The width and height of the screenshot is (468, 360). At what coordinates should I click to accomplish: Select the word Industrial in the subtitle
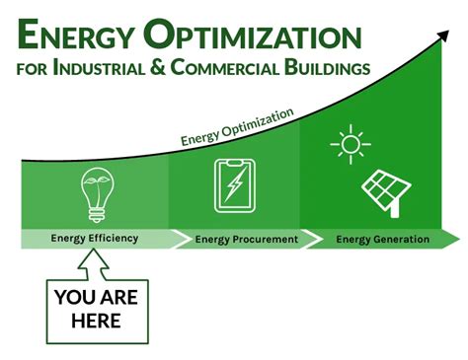115,70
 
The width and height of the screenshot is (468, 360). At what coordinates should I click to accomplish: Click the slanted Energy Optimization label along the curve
237,126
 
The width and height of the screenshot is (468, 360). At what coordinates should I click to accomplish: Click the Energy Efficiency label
95,238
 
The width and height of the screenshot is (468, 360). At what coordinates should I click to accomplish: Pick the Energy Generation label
382,239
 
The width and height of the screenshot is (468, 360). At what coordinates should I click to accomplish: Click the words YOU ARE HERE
96,308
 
